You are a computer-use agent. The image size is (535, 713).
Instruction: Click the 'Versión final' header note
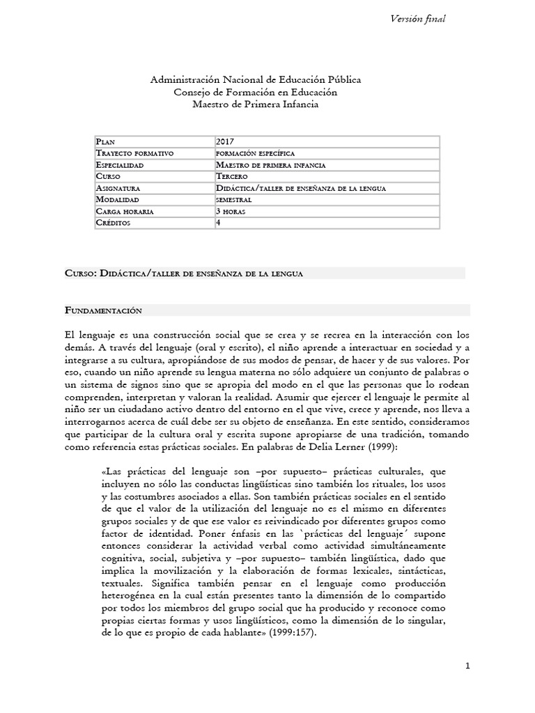click(x=419, y=19)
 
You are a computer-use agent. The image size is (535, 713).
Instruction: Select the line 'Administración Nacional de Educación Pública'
click(x=256, y=81)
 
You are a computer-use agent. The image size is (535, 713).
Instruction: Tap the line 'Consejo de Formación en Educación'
click(x=255, y=92)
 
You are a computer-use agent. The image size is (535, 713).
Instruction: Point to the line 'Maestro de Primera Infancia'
click(x=255, y=104)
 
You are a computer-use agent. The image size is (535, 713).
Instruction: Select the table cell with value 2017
click(x=226, y=141)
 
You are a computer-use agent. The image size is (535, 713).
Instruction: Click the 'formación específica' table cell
click(x=256, y=152)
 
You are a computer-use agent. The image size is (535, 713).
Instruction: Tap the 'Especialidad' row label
click(x=121, y=165)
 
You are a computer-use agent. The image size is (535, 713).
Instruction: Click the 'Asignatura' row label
click(x=119, y=188)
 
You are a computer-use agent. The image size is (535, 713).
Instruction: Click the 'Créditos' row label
click(x=114, y=223)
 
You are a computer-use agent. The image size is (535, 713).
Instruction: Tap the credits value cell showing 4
click(x=219, y=223)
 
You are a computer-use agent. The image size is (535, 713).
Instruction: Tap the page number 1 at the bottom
click(x=468, y=666)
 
